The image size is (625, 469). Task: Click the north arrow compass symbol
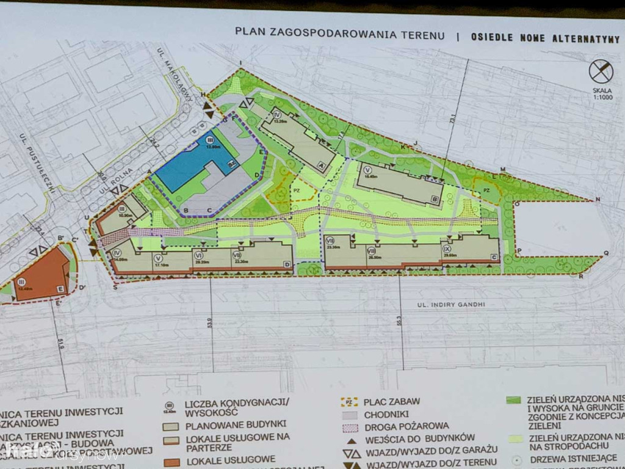[x=601, y=72]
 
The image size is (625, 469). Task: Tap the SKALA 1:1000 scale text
[x=601, y=98]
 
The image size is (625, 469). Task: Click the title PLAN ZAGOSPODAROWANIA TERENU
[x=341, y=35]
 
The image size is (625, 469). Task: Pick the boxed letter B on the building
[x=435, y=198]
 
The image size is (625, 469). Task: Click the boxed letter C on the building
[x=493, y=258]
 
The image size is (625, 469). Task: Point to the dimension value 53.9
[x=210, y=319]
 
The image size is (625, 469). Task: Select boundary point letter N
[x=598, y=200]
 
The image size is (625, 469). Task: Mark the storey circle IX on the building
[x=447, y=249]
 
